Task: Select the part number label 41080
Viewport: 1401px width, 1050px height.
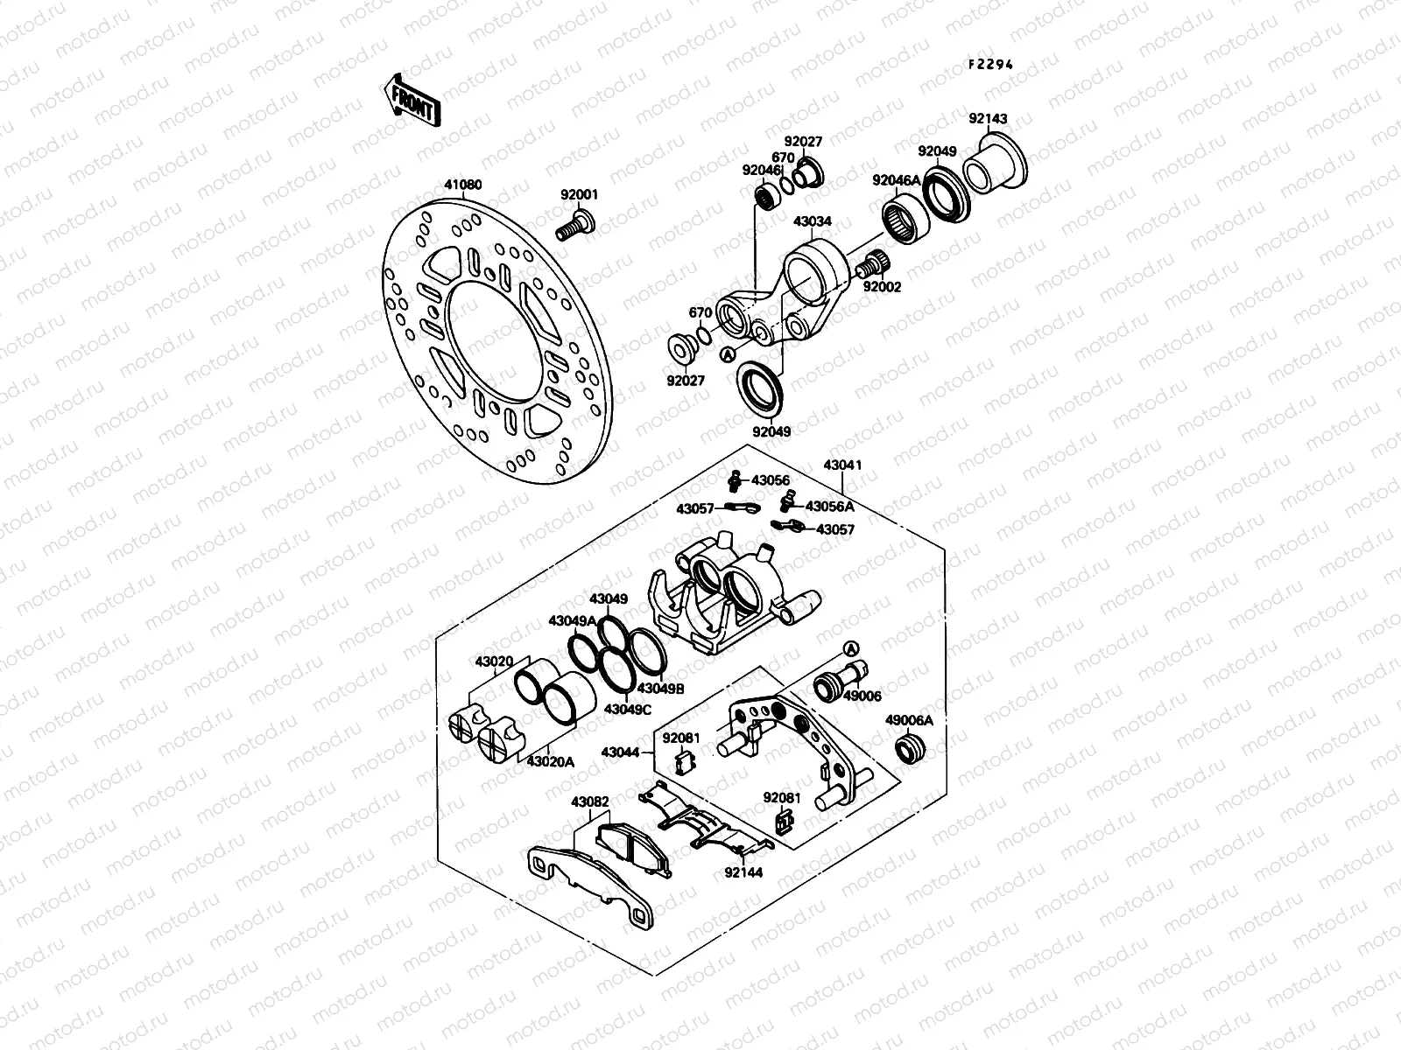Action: point(462,185)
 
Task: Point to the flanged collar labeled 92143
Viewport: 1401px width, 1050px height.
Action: point(996,164)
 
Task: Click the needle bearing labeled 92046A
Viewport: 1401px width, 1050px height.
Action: point(902,218)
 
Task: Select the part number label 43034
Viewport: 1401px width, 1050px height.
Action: point(812,222)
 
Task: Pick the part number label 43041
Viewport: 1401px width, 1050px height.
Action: point(842,465)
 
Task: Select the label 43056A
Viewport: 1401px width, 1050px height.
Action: point(829,507)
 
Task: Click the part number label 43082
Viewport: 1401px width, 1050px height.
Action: point(590,801)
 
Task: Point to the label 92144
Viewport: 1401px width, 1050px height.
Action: point(743,871)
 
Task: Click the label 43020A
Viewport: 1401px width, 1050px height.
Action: point(550,762)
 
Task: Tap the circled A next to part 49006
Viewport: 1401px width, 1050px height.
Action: point(849,647)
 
